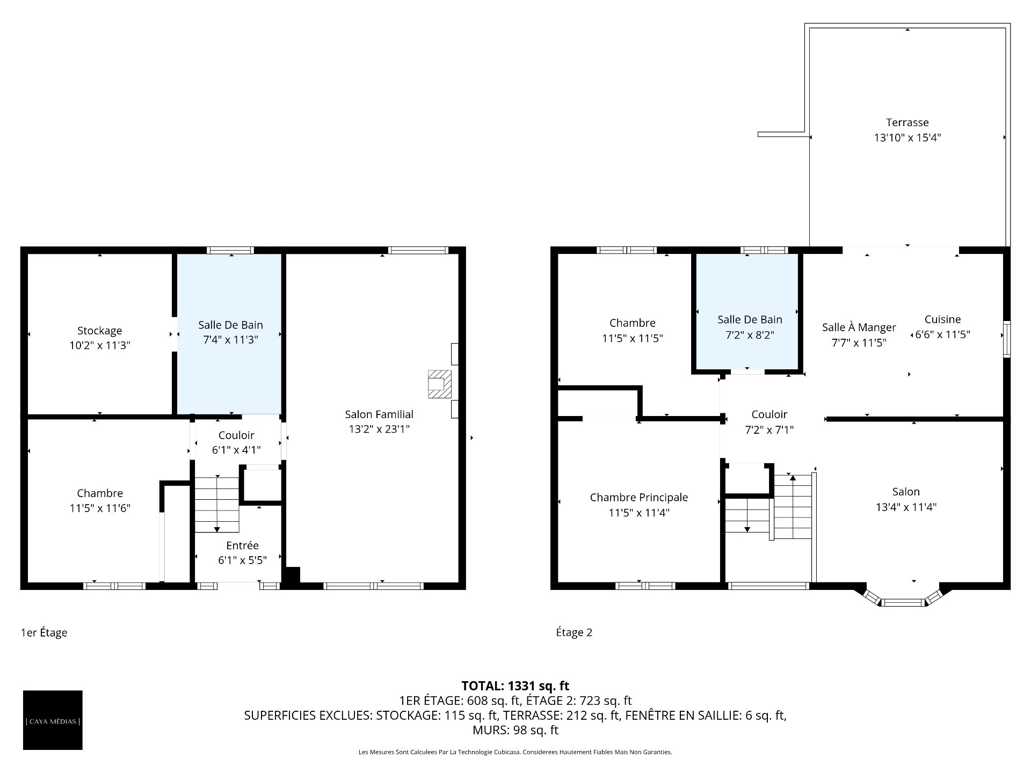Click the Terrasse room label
(907, 122)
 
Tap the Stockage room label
(99, 331)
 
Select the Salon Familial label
(379, 414)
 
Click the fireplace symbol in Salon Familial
(439, 384)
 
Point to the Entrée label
(242, 545)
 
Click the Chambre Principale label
(638, 498)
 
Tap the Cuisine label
(942, 319)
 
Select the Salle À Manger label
(859, 327)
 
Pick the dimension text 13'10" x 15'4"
(907, 138)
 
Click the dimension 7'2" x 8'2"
(750, 335)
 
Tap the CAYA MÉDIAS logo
(53, 720)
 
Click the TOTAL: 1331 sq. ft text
(515, 686)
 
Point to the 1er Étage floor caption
(44, 632)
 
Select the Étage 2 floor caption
(574, 632)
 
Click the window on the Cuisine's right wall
(1007, 339)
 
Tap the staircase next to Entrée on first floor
(216, 504)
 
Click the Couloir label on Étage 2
(769, 414)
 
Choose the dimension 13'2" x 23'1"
(379, 429)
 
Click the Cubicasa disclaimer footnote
(515, 752)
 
